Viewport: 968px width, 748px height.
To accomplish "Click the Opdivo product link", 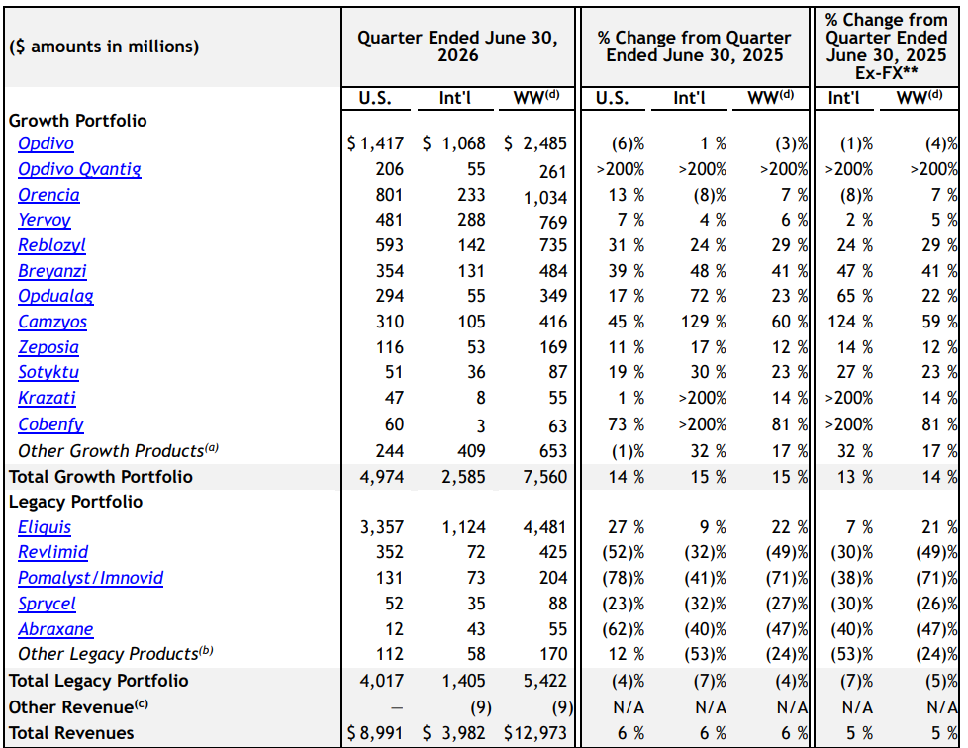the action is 46,143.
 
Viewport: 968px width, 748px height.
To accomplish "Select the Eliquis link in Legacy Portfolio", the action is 45,527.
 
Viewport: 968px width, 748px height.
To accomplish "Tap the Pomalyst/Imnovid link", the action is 91,578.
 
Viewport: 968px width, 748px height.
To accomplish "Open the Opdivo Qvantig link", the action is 79,169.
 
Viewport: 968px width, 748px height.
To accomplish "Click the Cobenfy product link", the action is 50,424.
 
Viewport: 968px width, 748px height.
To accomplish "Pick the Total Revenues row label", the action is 71,733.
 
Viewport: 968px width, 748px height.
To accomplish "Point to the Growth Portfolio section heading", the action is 78,121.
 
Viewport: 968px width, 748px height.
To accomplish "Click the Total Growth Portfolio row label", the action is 101,477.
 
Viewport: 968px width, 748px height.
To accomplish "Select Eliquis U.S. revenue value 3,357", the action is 381,527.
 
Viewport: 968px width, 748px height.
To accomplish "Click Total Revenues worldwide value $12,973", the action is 535,733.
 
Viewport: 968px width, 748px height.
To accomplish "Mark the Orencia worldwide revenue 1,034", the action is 545,198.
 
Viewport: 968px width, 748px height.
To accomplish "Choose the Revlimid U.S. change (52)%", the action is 623,552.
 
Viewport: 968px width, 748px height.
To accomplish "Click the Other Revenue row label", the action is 78,706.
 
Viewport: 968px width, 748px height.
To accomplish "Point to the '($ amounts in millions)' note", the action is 104,47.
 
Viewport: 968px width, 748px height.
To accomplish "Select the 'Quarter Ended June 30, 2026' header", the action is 458,47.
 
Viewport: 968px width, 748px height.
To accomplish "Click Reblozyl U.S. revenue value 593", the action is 390,245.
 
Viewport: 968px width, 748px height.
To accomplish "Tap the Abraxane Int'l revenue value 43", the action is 475,629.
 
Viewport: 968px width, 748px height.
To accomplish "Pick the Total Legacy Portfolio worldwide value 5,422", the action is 545,681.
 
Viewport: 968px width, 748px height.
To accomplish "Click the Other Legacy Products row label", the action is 116,654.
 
